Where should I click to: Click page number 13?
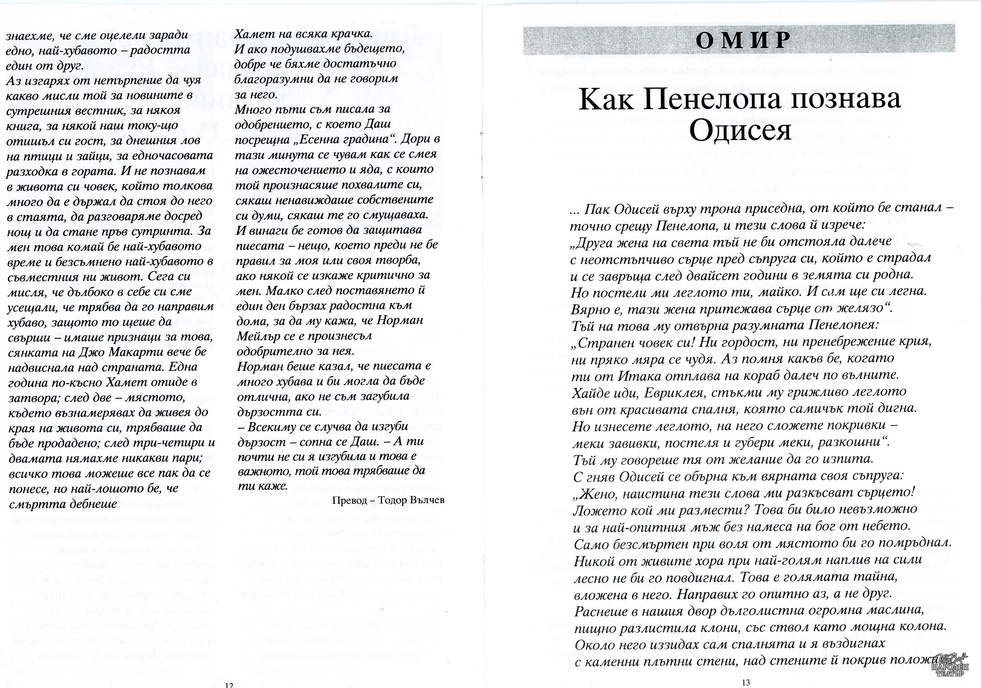coord(746,682)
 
